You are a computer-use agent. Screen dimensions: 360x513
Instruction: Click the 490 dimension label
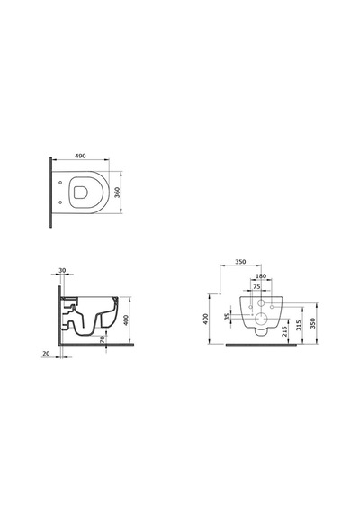click(80, 156)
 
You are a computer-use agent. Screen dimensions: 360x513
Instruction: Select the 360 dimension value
click(118, 193)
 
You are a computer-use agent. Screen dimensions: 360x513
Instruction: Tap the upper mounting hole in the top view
click(60, 183)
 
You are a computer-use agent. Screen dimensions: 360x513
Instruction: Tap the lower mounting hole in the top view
click(60, 202)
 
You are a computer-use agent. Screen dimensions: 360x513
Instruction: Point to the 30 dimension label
click(62, 270)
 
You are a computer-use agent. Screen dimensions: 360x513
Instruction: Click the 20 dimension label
click(46, 354)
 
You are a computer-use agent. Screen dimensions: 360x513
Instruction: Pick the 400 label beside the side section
click(126, 319)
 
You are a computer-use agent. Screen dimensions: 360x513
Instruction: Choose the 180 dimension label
click(261, 276)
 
